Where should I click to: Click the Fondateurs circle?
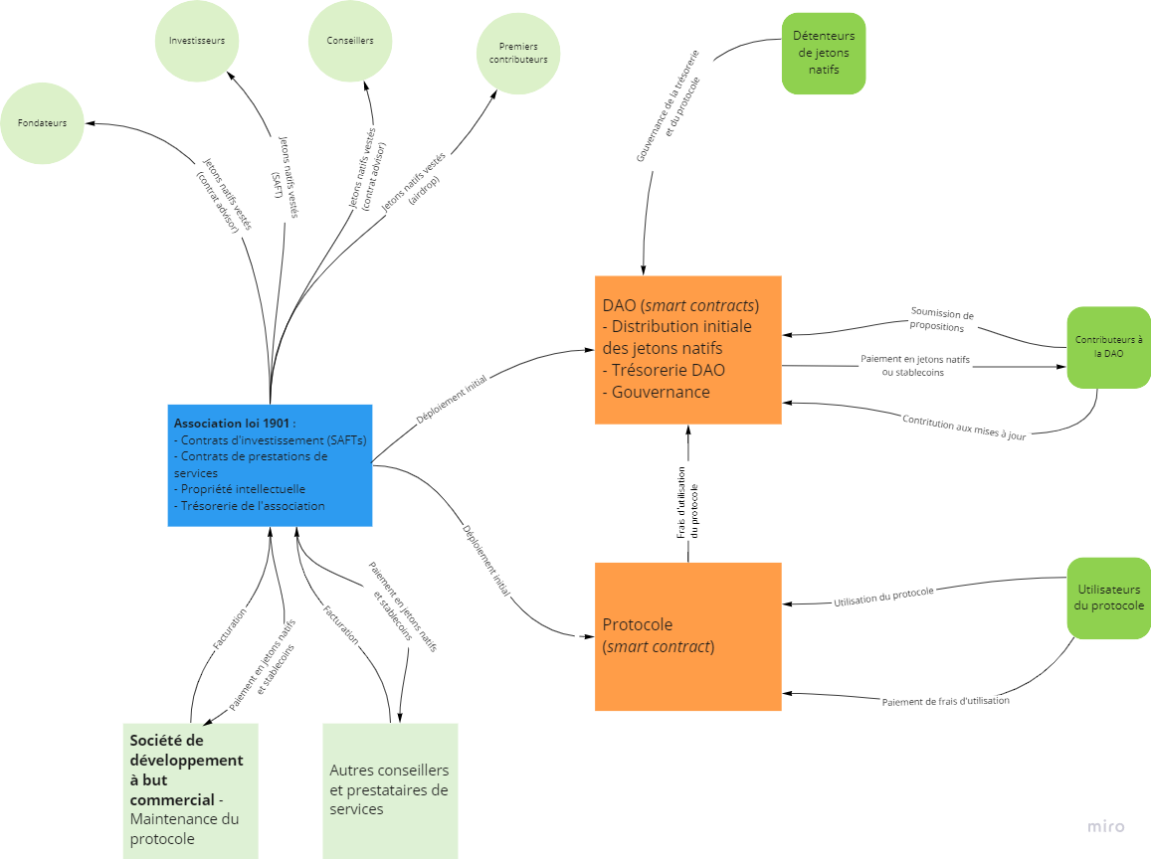coord(42,123)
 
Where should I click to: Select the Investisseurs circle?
coord(197,41)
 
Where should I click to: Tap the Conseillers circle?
coord(350,41)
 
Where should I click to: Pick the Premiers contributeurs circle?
coord(518,53)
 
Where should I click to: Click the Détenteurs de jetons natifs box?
coord(824,54)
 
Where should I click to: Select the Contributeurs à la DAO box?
coord(1108,347)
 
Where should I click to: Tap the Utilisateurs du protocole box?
coord(1108,598)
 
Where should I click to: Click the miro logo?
coord(1106,826)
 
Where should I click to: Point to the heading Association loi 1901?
coord(235,423)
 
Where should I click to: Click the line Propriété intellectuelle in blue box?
coord(243,489)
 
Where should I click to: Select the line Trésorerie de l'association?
coord(252,506)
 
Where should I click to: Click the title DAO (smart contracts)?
coord(680,305)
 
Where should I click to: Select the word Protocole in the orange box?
coord(638,624)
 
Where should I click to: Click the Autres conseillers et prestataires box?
coord(390,790)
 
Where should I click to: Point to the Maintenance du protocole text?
coord(184,829)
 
